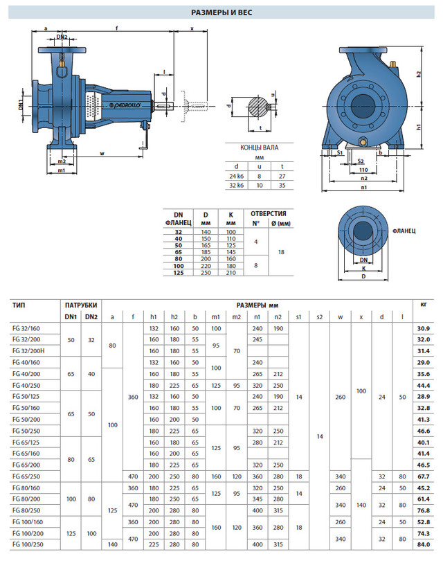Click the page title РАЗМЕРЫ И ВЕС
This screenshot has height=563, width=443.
(x=221, y=12)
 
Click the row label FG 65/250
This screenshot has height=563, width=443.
(x=26, y=476)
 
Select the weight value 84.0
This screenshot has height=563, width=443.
(x=423, y=545)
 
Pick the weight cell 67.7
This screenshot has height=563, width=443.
(x=423, y=476)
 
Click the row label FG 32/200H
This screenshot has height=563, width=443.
(x=28, y=351)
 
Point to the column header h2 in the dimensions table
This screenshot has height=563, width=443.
(x=174, y=317)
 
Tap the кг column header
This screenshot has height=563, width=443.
(x=423, y=305)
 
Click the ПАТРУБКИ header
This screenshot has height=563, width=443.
(x=81, y=305)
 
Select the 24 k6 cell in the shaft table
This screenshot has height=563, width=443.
(x=236, y=177)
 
